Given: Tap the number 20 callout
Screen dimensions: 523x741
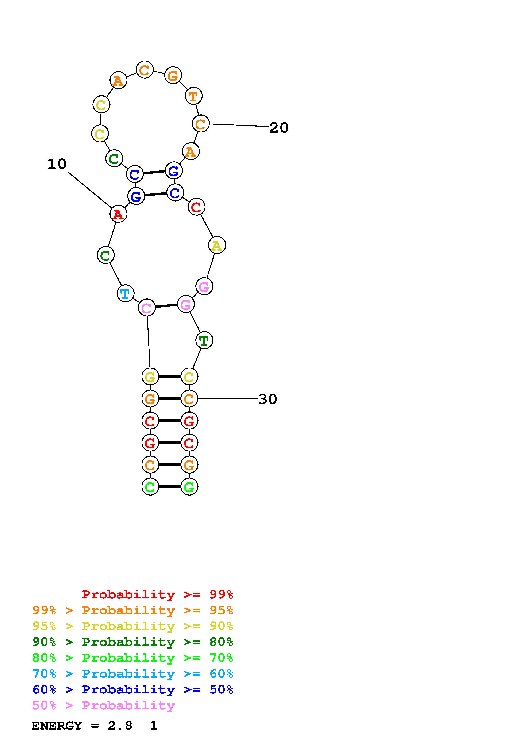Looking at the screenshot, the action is point(279,128).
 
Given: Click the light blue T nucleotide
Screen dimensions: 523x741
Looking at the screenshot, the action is point(125,293).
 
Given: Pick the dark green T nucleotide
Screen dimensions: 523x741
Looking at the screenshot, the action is point(204,340).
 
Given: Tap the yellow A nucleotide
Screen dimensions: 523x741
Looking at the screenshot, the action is point(217,245).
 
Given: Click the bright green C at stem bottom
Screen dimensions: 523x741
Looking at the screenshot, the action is point(150,487).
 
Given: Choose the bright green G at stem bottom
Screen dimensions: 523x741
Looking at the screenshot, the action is point(189,487).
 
